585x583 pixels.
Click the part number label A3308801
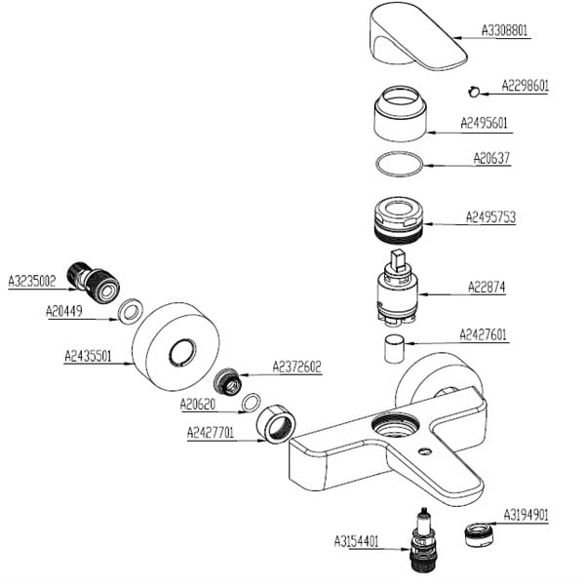click(x=505, y=30)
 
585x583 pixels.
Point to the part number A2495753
click(x=490, y=216)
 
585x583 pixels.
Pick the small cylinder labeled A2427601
click(x=394, y=348)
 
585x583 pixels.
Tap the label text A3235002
click(x=32, y=281)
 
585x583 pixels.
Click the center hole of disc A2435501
click(x=180, y=353)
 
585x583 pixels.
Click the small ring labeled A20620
click(x=251, y=402)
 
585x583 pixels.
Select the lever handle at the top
click(x=413, y=35)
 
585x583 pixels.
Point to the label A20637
click(x=491, y=158)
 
